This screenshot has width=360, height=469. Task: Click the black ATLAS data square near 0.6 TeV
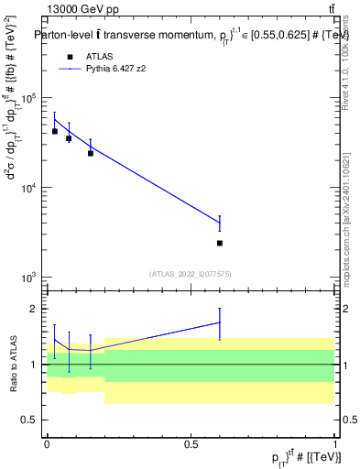tap(220, 243)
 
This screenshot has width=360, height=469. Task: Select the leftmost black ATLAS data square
tap(55, 131)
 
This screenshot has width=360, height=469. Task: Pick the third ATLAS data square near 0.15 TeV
tap(91, 153)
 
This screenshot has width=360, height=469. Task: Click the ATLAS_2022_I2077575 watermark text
tap(191, 273)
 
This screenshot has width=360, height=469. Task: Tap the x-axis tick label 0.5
tap(191, 443)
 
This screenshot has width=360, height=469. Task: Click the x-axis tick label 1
tap(335, 443)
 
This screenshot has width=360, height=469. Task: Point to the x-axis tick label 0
tap(48, 443)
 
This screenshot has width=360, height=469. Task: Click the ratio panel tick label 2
tap(34, 309)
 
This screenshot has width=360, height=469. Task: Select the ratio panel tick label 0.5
tap(31, 420)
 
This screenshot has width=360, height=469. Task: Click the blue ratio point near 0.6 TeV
tap(220, 322)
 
